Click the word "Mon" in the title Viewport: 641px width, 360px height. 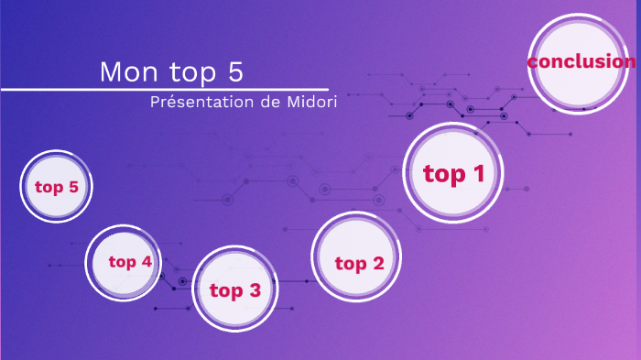[x=125, y=71]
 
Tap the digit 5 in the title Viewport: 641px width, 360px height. [x=236, y=71]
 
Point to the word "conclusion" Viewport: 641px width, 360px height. [x=581, y=61]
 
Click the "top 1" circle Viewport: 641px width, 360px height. [x=453, y=173]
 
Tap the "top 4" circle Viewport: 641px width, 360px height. [x=129, y=262]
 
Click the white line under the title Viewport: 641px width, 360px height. [x=165, y=90]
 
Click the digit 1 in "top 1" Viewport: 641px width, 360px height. [x=476, y=172]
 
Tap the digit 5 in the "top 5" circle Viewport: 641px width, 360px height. [x=73, y=188]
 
